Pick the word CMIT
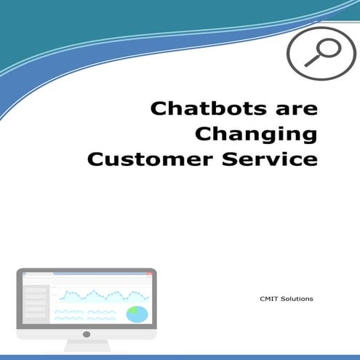268,297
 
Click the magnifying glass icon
322,53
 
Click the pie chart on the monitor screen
137,313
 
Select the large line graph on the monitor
103,295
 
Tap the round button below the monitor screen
87,335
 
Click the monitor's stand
87,348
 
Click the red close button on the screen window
149,274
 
